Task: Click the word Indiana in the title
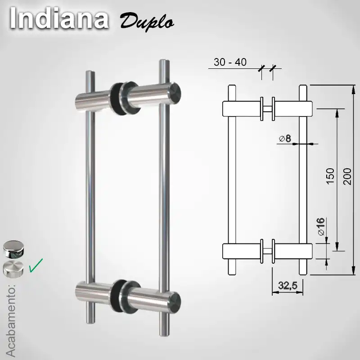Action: click(58, 19)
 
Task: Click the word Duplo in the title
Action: click(146, 21)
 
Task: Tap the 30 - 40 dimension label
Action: click(230, 63)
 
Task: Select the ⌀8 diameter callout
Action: click(285, 139)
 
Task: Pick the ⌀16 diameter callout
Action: click(321, 227)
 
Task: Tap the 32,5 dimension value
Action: click(288, 285)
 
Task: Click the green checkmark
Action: click(36, 265)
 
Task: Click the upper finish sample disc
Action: click(13, 248)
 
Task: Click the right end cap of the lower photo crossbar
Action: click(175, 301)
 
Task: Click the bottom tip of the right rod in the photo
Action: click(164, 334)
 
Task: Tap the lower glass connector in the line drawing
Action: click(267, 252)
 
